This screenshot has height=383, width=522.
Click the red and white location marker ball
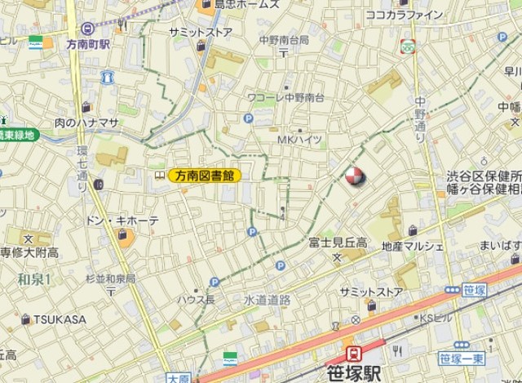tap(354, 176)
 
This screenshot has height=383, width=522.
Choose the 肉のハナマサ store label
tap(87, 122)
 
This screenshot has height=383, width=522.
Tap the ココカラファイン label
tap(405, 15)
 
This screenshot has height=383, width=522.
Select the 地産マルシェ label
tap(413, 246)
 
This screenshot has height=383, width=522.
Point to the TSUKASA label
tap(59, 319)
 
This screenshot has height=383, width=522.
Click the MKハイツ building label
tap(299, 140)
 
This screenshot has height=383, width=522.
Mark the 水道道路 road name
tap(268, 300)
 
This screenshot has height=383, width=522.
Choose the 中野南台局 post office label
tap(284, 39)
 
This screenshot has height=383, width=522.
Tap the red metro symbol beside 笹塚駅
tap(354, 353)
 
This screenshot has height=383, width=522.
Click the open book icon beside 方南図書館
tap(159, 175)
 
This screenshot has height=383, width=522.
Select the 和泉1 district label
tap(34, 279)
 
